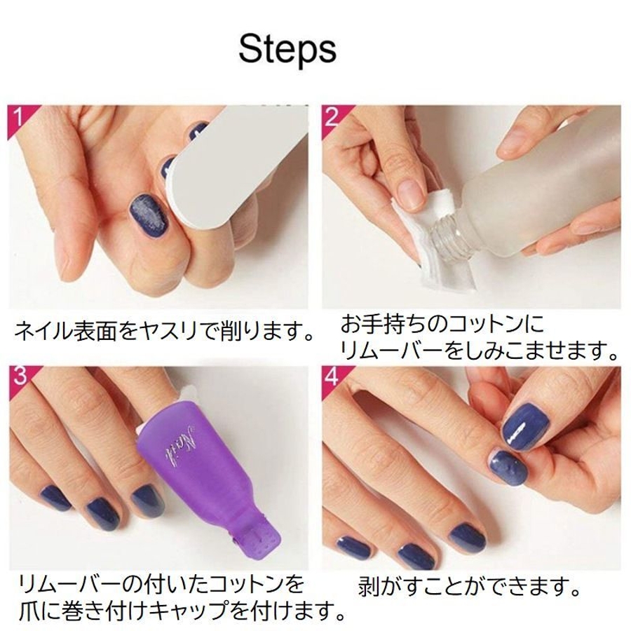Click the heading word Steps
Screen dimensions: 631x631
click(x=287, y=50)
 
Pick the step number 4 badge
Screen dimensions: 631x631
click(x=332, y=377)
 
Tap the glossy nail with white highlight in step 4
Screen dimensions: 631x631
click(x=526, y=429)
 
